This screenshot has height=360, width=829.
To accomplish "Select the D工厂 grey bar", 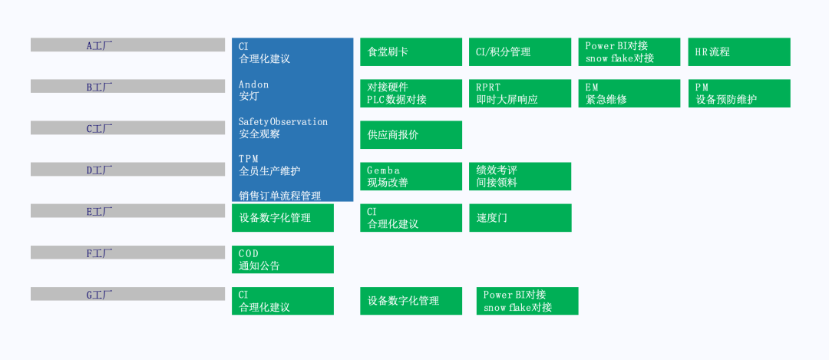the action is (x=127, y=169).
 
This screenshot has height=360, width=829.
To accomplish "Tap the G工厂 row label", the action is (x=99, y=295).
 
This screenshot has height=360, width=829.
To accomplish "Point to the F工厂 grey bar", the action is (x=127, y=253).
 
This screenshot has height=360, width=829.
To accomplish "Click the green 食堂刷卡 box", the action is (x=411, y=51).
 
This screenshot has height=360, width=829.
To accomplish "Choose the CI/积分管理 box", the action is (x=520, y=51).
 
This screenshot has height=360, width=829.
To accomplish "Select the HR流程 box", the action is (x=739, y=51).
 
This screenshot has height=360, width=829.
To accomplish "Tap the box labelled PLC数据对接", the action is (x=411, y=94).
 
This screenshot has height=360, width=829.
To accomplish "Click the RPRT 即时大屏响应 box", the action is (x=520, y=94).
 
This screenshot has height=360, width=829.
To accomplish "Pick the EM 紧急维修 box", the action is (x=629, y=94).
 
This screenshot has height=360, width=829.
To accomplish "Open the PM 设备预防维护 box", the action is (x=739, y=94).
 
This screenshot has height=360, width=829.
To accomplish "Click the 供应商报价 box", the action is (x=411, y=135).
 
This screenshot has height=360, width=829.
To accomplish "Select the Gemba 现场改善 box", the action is (x=411, y=177).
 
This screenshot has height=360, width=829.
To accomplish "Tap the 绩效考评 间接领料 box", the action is (x=520, y=177).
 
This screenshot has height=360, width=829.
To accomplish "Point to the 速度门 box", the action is (x=520, y=218).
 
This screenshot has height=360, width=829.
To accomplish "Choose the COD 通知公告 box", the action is (x=282, y=259).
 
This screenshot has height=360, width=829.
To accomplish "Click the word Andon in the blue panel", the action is (x=253, y=84).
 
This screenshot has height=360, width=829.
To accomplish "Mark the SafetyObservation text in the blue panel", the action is (x=282, y=121).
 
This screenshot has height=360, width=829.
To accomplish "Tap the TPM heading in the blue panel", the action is (x=248, y=159).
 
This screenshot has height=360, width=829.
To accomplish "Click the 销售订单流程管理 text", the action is (x=279, y=197).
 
